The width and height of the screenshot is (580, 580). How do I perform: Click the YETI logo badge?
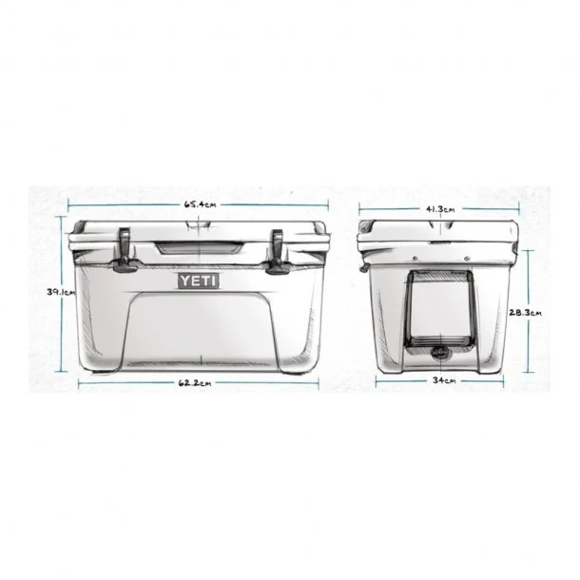point(199,281)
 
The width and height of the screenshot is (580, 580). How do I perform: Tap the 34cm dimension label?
point(440,381)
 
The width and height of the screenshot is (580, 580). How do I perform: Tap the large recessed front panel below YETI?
point(199,328)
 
